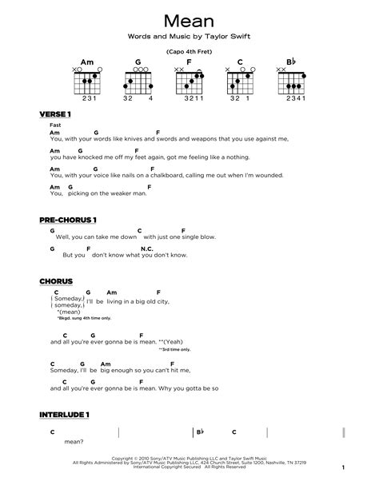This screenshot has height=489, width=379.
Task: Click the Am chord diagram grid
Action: coord(90,81)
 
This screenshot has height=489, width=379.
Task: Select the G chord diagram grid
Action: coord(139,81)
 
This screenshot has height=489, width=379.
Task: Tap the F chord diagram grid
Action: coord(189,81)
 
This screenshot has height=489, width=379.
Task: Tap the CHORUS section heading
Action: coord(55,281)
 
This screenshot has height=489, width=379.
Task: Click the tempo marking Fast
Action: coord(54,126)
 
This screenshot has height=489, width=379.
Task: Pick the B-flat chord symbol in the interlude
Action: coord(201,431)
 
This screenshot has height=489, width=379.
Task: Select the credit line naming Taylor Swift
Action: coord(189,38)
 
